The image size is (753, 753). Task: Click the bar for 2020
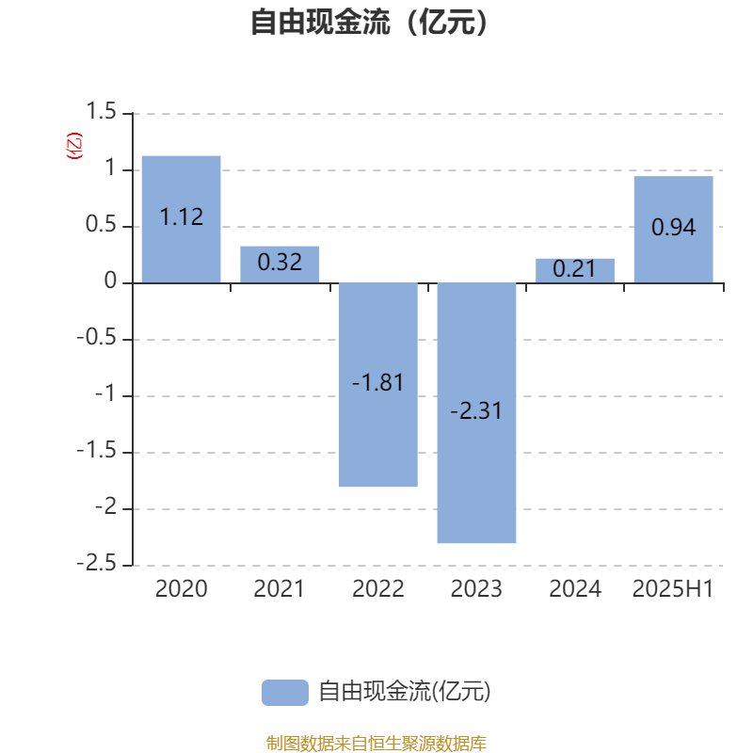coord(181,219)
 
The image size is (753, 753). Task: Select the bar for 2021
coord(280,264)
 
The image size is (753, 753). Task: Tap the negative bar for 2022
coord(378,385)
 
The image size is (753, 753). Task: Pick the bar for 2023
coord(476,413)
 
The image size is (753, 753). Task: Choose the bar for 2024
coord(575,271)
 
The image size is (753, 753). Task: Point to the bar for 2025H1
coord(673,230)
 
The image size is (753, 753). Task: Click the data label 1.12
coord(182,217)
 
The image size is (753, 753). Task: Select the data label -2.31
coord(476,411)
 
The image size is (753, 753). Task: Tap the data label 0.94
coord(673,227)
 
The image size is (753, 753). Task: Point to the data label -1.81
coord(377,383)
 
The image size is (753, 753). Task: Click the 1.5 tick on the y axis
coord(101,111)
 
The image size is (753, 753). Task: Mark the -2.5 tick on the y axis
coord(97,563)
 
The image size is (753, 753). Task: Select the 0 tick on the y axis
coord(110,280)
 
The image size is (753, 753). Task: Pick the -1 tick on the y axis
coord(105,393)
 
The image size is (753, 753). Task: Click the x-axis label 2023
coord(476,589)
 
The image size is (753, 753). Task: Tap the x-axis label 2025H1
coord(673,589)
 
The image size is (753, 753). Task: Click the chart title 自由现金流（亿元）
coord(370,22)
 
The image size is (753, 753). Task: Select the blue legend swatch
coord(285,693)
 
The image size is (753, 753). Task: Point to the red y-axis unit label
coord(74,146)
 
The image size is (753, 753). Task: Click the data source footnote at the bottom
coord(376,743)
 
